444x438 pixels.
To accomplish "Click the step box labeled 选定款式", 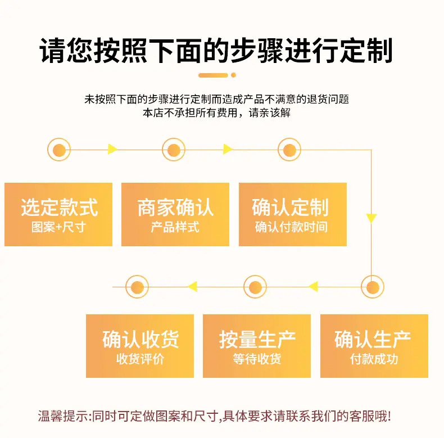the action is coord(58,214).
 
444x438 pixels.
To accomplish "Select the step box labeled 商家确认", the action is coord(175,214).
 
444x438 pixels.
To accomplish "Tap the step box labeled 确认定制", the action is coord(293,214).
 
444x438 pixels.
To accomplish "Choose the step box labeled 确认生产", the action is coord(374,346).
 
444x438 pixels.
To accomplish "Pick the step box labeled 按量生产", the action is coord(257,346).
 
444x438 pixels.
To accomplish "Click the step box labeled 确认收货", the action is coord(140,346).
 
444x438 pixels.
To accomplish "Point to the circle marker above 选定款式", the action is coord(59,150).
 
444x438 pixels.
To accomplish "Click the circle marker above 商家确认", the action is coord(174,150).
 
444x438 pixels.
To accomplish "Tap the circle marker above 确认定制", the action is coord(289,150).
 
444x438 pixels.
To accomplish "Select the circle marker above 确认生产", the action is coord(373,287).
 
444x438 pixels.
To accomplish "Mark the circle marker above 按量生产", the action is coord(255,287).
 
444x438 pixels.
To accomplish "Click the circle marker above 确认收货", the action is coord(137,287).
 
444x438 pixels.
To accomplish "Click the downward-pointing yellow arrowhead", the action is coord(371,218).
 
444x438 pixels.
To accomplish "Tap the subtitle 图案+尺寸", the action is coord(58,227).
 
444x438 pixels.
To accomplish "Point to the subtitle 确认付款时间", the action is coord(291,227).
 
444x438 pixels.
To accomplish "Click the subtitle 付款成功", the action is coord(374,359).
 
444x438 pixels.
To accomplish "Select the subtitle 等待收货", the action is coord(257,359).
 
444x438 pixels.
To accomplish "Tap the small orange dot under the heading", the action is coord(234,75).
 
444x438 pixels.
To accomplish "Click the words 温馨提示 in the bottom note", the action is coord(64,416).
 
